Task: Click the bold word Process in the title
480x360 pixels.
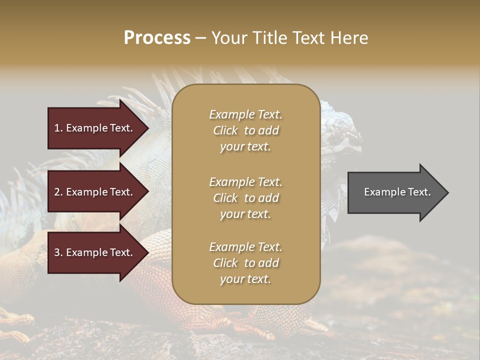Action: pos(157,38)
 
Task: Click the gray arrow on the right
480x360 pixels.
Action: pos(395,192)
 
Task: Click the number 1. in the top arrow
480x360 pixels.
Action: pos(58,128)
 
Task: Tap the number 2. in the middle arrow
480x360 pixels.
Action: pos(58,192)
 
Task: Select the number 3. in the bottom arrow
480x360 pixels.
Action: pos(58,252)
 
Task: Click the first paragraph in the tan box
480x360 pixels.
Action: pos(245,130)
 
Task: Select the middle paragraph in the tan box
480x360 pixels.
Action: pos(245,197)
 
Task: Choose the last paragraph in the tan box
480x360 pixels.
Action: pos(245,263)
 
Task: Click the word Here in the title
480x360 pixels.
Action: pos(351,38)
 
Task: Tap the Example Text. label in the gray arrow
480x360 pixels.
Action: pos(397,192)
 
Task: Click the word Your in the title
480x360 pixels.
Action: pos(228,38)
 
